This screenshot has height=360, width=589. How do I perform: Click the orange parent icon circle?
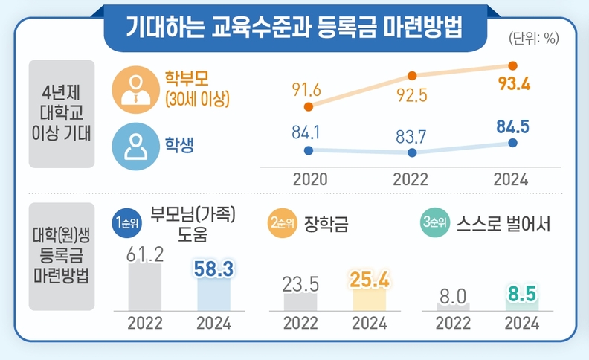pos(135,89)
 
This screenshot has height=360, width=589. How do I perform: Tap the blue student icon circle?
pos(135,146)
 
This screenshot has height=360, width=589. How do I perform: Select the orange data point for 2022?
pos(412,75)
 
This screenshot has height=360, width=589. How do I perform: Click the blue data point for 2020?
pos(309,150)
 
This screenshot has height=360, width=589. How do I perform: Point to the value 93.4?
pos(513,85)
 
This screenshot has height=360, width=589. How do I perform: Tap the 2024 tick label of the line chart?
pos(511,180)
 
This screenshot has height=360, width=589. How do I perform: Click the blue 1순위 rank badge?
pos(127,222)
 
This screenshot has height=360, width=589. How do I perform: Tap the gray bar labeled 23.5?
pos(300,301)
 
